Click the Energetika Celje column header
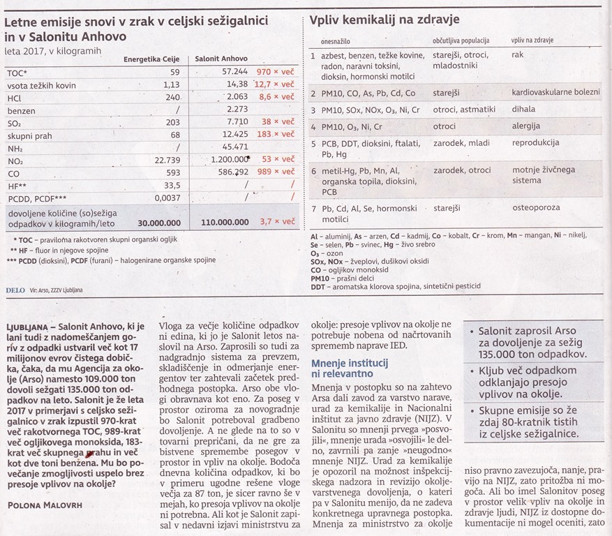[151, 59]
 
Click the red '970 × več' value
[274, 72]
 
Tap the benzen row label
[21, 110]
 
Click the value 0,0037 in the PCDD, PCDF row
[166, 198]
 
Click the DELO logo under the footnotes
[14, 288]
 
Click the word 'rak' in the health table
[517, 55]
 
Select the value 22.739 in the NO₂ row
[165, 159]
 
